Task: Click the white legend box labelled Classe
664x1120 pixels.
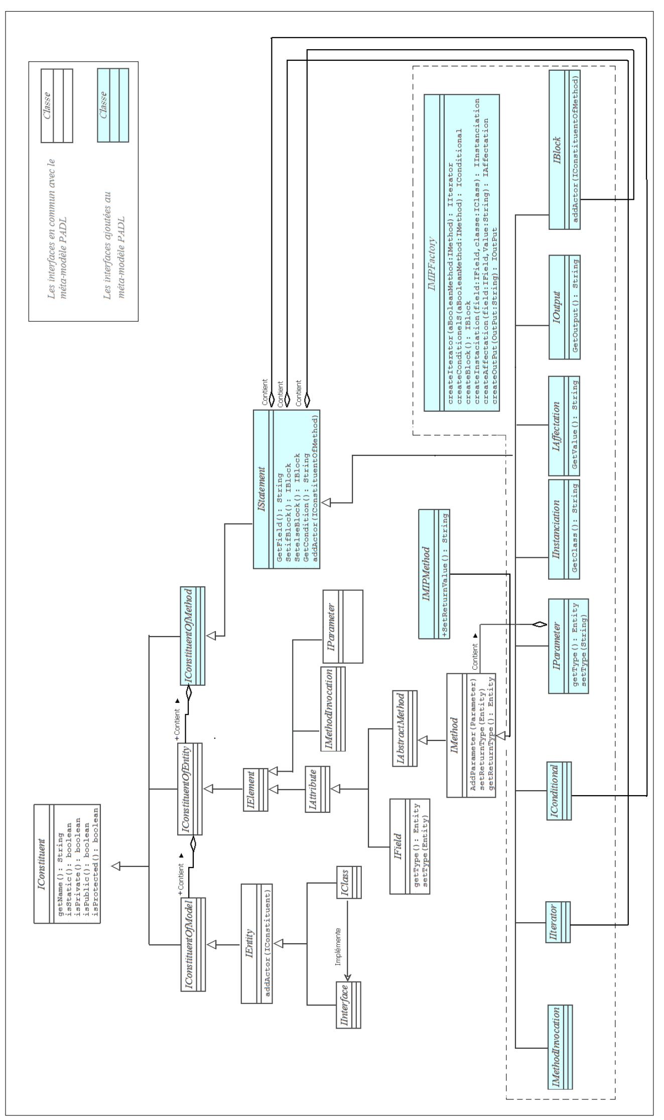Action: [57, 106]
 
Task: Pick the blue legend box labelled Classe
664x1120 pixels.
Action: [113, 105]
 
